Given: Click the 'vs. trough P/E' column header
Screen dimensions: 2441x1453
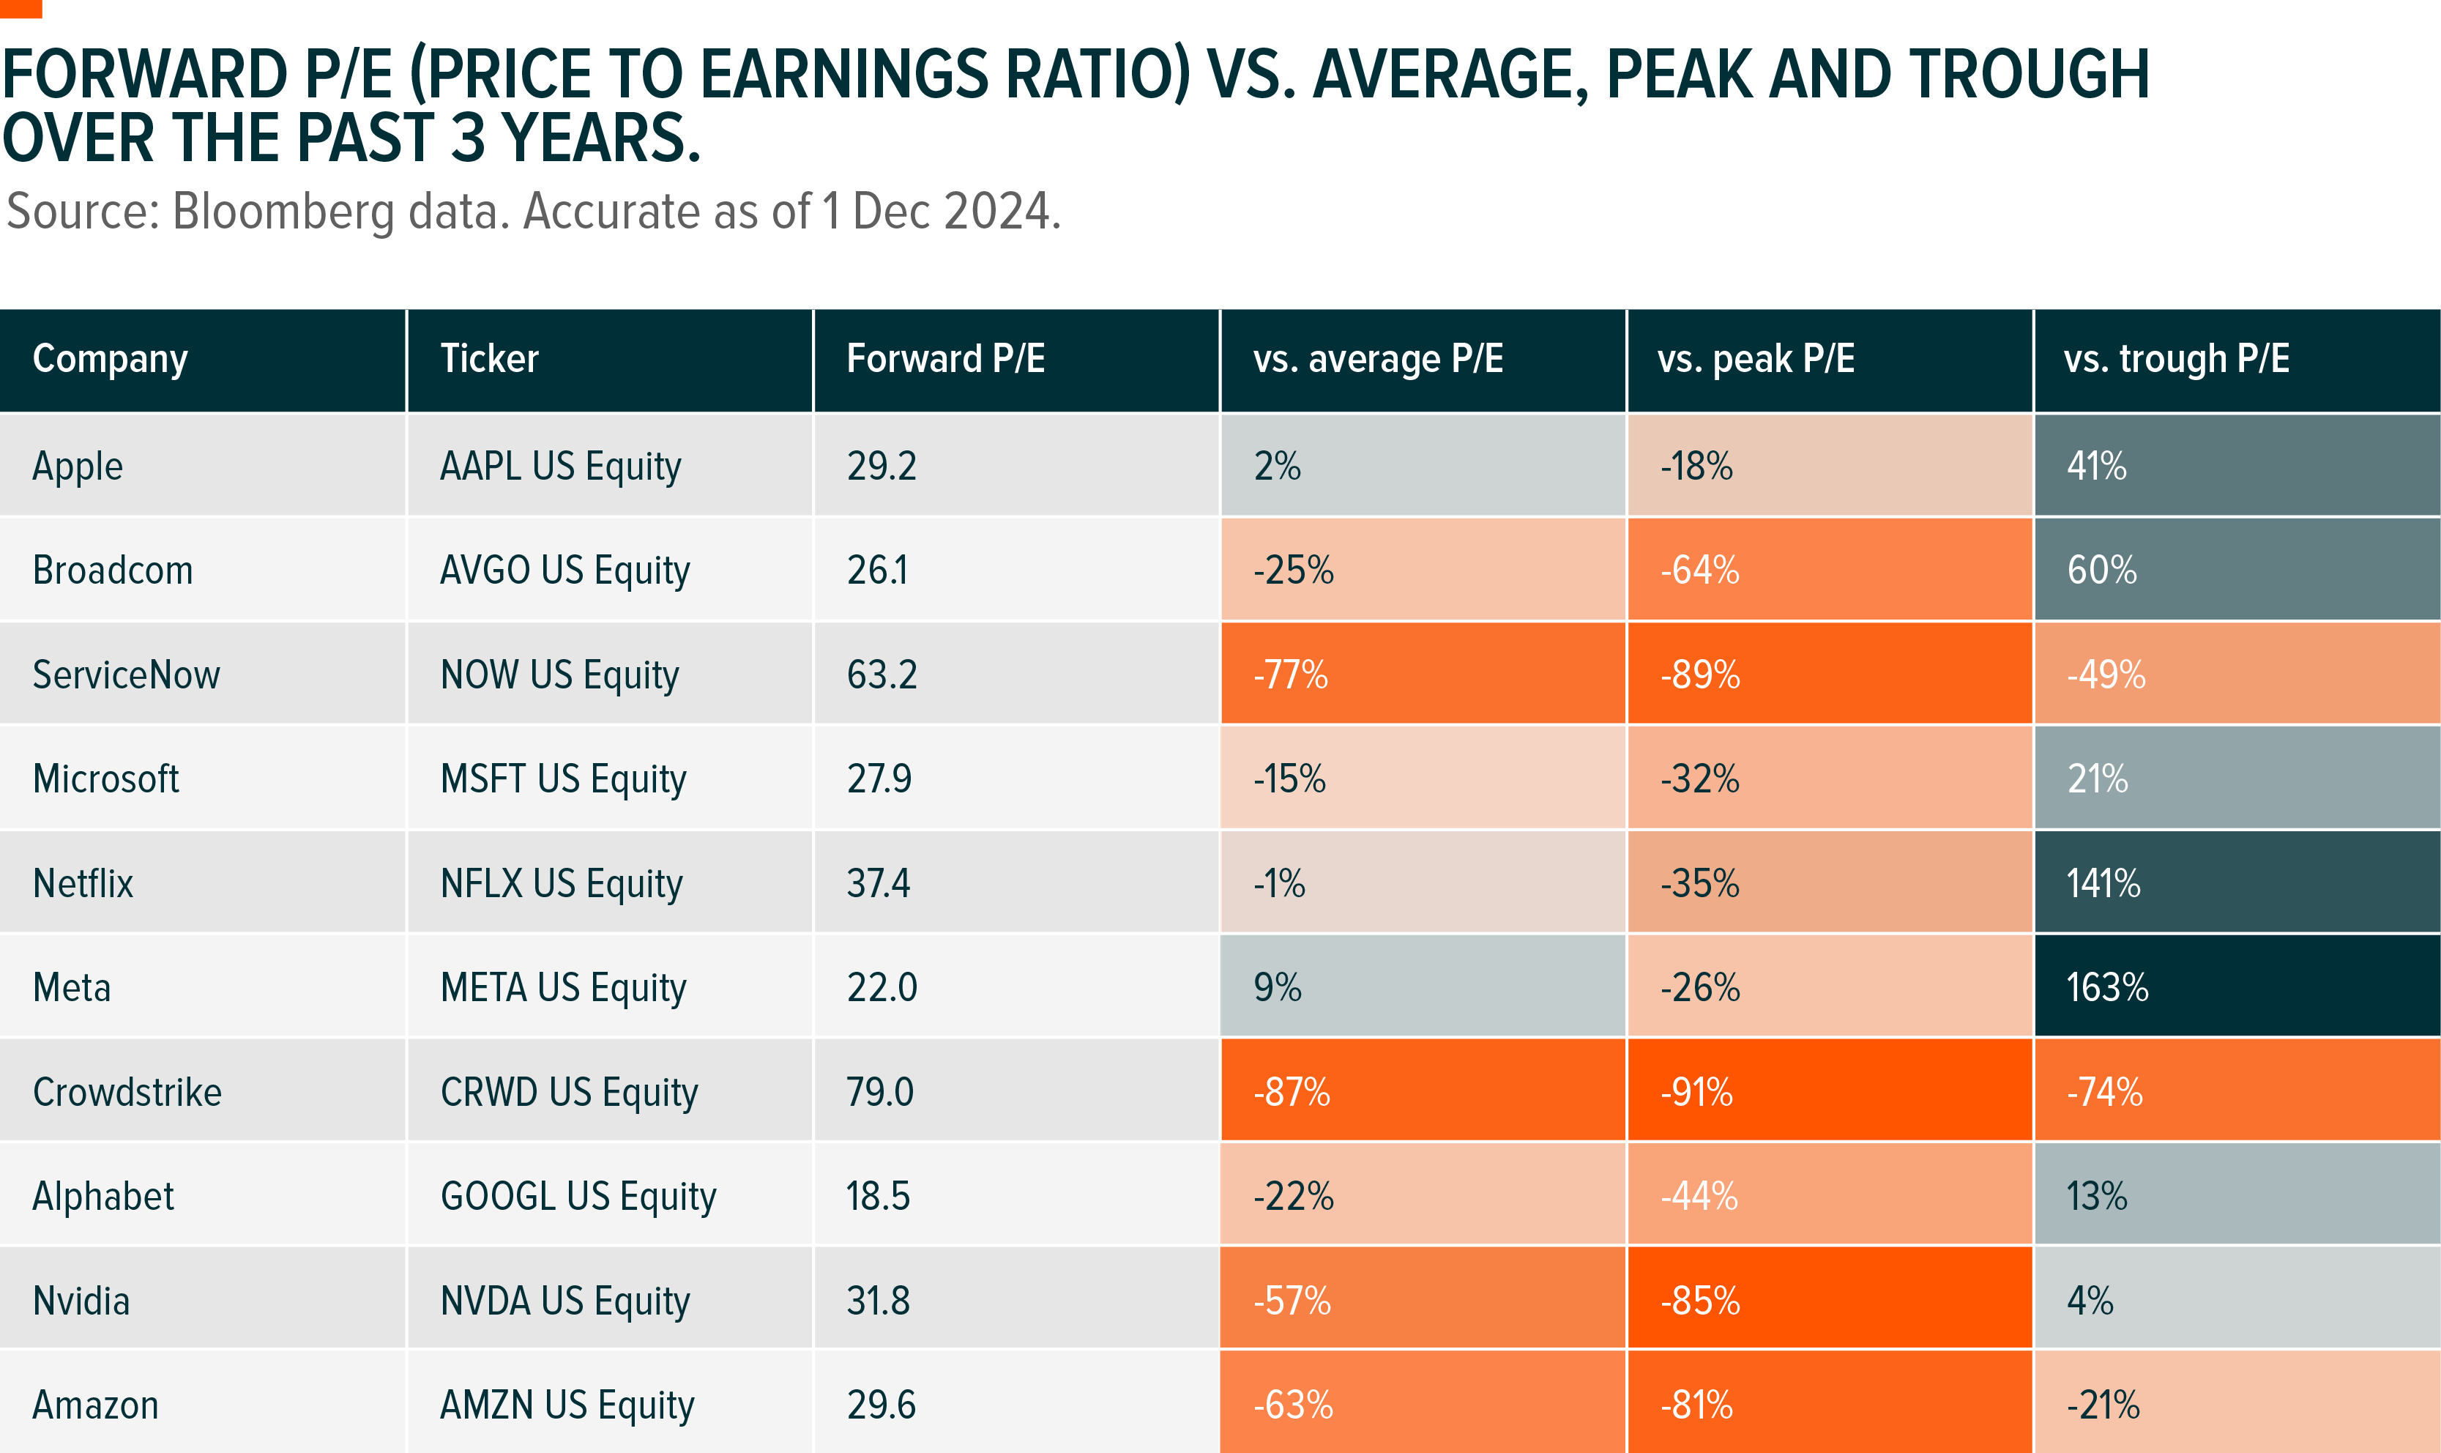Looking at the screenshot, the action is tap(2176, 360).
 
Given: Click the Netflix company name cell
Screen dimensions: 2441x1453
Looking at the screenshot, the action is tap(83, 883).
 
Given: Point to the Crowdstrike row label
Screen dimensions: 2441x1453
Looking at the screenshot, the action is tap(127, 1092).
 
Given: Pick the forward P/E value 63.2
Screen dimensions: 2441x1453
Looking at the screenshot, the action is tap(882, 675).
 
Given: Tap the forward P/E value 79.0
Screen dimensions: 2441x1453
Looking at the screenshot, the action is tap(880, 1092).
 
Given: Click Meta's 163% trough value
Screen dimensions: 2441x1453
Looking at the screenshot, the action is tap(2107, 987).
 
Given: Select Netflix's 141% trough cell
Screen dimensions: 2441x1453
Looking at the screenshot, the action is tap(2103, 883).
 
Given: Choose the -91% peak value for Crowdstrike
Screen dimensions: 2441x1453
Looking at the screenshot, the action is tap(1696, 1092).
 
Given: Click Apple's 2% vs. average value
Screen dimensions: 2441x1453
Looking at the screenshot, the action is tap(1278, 466).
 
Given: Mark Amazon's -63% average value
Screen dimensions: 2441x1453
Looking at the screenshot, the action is tap(1293, 1405).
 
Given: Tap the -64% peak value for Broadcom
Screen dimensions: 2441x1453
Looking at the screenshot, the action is tap(1700, 570).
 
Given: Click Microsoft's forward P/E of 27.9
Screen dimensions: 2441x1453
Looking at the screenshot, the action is tap(879, 778).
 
